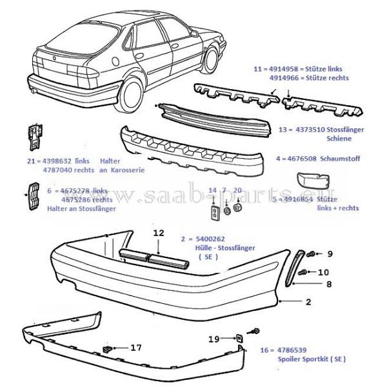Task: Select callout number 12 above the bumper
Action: tap(159, 233)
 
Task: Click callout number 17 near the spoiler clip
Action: tap(135, 348)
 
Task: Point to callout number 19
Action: tap(214, 338)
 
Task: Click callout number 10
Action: tap(323, 272)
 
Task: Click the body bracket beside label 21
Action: tap(34, 137)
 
